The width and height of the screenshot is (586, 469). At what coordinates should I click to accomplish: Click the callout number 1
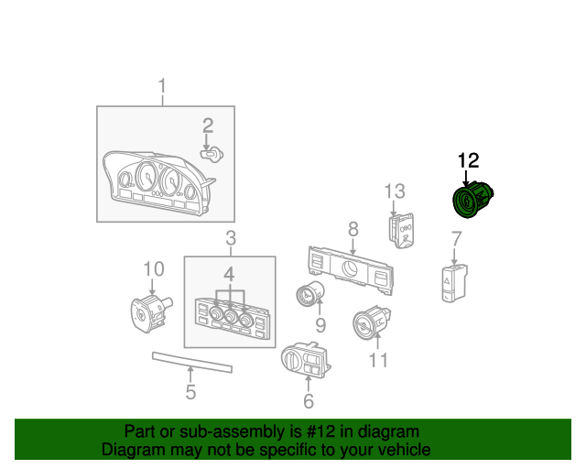point(163,88)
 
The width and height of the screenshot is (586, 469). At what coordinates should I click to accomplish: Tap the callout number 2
point(208,125)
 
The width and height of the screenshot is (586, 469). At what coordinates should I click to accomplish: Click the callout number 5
point(190,393)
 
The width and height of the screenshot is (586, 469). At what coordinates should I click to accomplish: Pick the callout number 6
point(308,400)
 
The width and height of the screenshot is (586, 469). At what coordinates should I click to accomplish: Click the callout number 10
point(153,268)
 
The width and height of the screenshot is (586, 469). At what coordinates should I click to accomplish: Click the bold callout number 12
point(468,160)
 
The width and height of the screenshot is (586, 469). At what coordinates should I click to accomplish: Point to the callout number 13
point(394,191)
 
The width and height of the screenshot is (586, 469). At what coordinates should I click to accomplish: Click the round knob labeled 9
point(308,296)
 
